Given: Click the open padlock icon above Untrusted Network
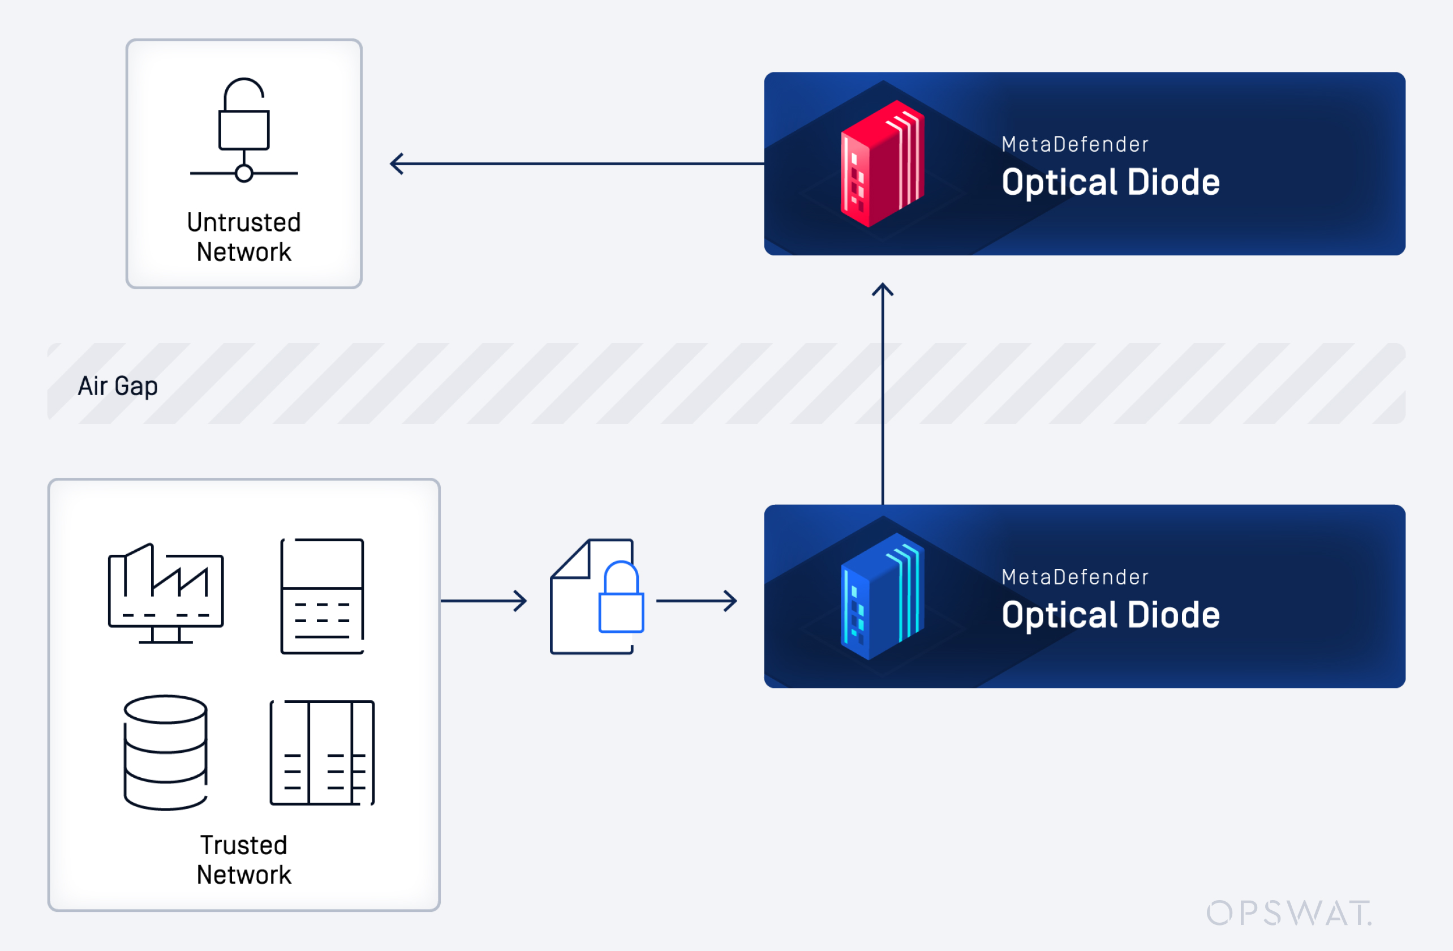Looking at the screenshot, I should pyautogui.click(x=244, y=116).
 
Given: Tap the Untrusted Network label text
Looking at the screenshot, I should pyautogui.click(x=244, y=237).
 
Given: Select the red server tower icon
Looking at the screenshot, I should pyautogui.click(x=882, y=164).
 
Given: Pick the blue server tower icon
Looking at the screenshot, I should pyautogui.click(x=882, y=596).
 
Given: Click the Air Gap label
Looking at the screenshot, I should pyautogui.click(x=118, y=386).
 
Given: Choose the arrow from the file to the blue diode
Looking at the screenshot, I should pyautogui.click(x=697, y=601).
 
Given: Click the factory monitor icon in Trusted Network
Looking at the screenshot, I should pyautogui.click(x=165, y=593).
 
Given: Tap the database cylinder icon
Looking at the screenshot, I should pyautogui.click(x=165, y=752).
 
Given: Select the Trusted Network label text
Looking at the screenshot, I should pyautogui.click(x=244, y=860).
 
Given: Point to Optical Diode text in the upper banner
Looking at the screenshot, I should pyautogui.click(x=1111, y=182).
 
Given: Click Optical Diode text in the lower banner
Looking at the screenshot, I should pyautogui.click(x=1111, y=614).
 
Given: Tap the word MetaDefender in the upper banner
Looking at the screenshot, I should pyautogui.click(x=1075, y=145).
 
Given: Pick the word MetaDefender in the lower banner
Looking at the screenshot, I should pyautogui.click(x=1075, y=577).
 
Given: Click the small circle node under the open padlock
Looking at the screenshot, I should pyautogui.click(x=244, y=173).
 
